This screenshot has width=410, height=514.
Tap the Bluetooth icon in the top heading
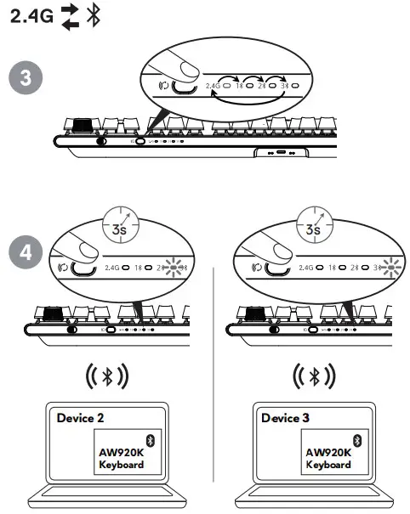tap(94, 17)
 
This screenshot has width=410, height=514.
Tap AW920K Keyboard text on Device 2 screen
tap(122, 458)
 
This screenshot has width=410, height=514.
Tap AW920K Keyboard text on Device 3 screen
tap(328, 458)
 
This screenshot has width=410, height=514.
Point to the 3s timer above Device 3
tap(314, 227)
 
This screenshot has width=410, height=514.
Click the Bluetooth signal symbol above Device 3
tap(311, 376)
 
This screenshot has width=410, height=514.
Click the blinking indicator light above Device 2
tap(175, 267)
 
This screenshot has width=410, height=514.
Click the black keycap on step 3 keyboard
tap(82, 124)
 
